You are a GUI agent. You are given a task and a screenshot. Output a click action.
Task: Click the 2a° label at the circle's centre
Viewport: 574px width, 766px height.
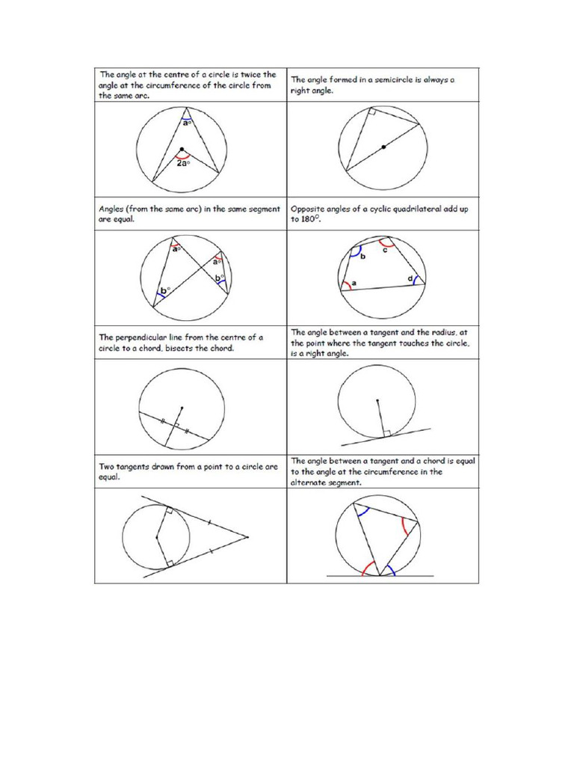pyautogui.click(x=182, y=163)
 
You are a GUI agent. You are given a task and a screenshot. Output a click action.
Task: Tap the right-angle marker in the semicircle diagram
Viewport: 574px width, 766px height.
pyautogui.click(x=371, y=113)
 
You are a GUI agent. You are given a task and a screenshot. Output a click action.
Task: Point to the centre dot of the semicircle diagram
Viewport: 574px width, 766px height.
pyautogui.click(x=383, y=147)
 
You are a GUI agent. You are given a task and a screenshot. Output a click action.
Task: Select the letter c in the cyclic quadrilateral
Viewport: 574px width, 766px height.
pyautogui.click(x=384, y=251)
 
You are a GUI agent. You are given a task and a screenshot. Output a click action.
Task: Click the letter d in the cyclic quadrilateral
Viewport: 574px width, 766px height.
pyautogui.click(x=410, y=278)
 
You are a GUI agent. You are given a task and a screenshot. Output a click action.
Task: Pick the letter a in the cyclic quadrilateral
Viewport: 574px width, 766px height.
pyautogui.click(x=354, y=283)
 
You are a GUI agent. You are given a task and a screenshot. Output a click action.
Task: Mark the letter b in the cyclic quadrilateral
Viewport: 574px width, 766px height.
pyautogui.click(x=362, y=257)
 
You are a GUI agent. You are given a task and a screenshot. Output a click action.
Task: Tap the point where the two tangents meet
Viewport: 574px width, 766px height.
pyautogui.click(x=247, y=536)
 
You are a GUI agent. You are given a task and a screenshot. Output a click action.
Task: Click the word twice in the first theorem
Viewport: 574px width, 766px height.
pyautogui.click(x=241, y=74)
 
